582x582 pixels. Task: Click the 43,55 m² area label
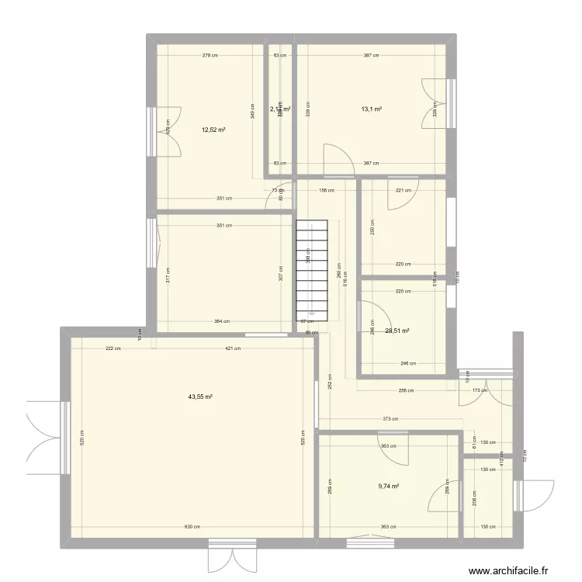(200, 397)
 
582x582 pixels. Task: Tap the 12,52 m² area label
(214, 130)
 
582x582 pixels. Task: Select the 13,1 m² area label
(371, 109)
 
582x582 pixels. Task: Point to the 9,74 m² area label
(389, 487)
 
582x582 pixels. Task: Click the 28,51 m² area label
(397, 331)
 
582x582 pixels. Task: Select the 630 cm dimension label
(190, 527)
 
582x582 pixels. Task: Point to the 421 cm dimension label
(232, 348)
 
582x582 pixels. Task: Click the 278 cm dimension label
(210, 55)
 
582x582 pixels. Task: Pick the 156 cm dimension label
(326, 190)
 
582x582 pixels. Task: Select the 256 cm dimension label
(405, 390)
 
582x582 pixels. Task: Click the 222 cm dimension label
(113, 348)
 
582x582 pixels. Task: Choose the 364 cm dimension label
(222, 321)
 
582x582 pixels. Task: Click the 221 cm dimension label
(404, 190)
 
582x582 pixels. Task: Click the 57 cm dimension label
(307, 321)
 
